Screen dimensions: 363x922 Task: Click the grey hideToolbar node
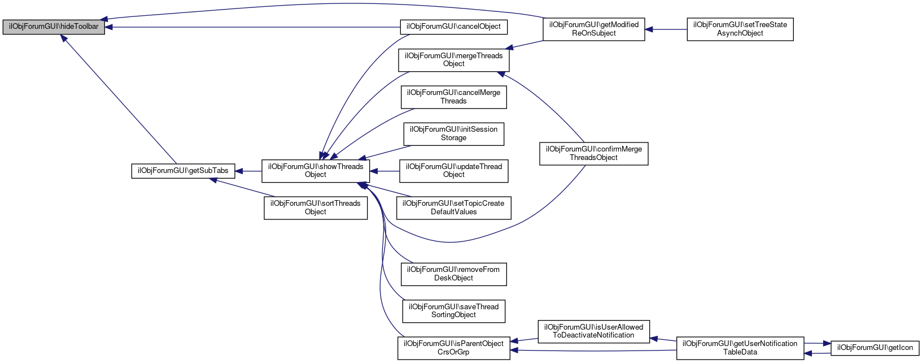pos(54,27)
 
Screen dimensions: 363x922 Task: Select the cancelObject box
pos(453,27)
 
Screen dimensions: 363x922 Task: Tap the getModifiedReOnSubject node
pos(593,29)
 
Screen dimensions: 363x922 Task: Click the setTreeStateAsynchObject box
pos(740,29)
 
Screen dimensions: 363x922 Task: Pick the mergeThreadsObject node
pos(453,60)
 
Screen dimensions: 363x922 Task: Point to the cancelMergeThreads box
pos(453,97)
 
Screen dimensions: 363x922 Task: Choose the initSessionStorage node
pos(453,133)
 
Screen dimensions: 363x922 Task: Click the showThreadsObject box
pos(316,171)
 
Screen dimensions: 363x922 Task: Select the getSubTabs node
pos(183,171)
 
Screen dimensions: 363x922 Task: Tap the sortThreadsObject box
pos(316,208)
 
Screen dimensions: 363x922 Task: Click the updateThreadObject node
pos(453,171)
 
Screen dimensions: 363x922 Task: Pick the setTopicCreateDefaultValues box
pos(453,208)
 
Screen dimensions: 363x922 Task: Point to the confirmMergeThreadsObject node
pos(593,153)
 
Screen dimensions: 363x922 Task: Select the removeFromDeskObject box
pos(453,274)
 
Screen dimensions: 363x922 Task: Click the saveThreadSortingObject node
pos(453,311)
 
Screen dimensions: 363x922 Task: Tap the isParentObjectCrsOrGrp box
pos(453,348)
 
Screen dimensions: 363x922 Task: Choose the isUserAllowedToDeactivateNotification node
pos(593,331)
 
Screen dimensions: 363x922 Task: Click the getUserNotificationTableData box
pos(740,348)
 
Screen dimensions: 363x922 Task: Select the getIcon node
pos(875,348)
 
